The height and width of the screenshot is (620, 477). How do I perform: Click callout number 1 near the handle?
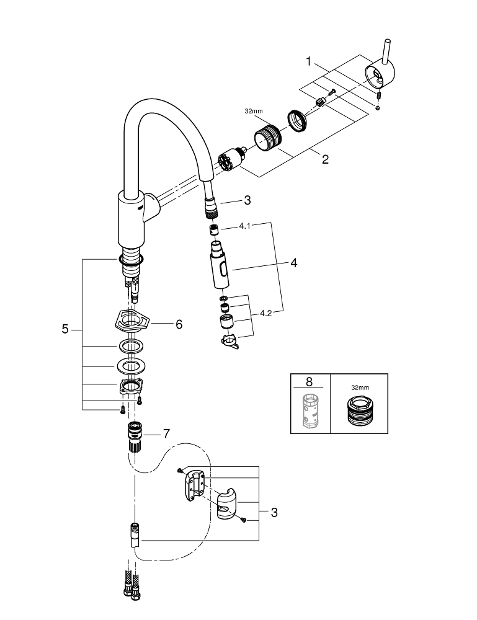[309, 61]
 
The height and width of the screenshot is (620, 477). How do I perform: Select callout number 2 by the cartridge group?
[325, 159]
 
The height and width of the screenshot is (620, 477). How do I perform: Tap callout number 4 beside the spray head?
[293, 263]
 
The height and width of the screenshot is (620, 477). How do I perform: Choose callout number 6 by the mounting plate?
[179, 324]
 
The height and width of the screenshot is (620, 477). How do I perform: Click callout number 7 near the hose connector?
[166, 434]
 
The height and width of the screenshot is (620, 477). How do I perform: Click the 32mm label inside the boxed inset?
[359, 387]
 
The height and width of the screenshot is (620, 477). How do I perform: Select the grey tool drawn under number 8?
[309, 410]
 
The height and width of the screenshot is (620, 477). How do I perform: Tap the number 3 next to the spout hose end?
[247, 200]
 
